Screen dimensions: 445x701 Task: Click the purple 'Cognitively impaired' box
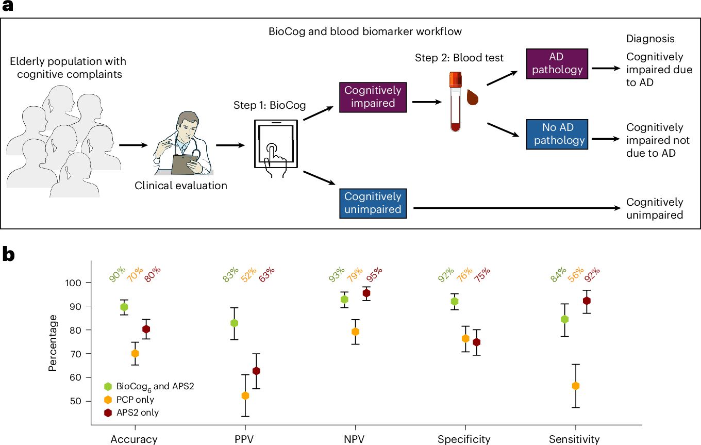[373, 96]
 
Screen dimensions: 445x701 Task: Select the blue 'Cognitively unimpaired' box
[373, 203]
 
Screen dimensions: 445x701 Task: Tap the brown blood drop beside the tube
[474, 96]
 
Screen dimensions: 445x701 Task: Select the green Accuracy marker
[124, 307]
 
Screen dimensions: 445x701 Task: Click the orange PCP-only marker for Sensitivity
[576, 386]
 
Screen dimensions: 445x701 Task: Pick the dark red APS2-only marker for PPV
[256, 371]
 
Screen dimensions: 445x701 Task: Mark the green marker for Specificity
[454, 302]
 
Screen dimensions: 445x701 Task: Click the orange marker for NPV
[355, 332]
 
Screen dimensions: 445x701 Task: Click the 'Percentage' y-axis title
[53, 342]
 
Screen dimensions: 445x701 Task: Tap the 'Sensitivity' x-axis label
[574, 439]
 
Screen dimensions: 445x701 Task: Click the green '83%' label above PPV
[231, 274]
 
